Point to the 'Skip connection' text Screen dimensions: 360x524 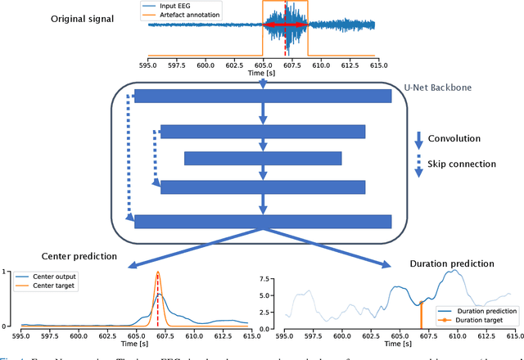click(462, 164)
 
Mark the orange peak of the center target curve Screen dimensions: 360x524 click(157, 272)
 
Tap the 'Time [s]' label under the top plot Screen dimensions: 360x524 click(261, 74)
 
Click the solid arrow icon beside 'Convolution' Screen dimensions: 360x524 click(420, 138)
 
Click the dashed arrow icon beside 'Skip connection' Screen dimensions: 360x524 click(420, 164)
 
